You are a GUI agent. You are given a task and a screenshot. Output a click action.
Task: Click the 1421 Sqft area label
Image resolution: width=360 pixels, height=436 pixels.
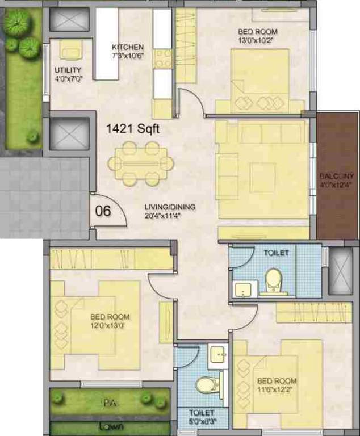coord(133,129)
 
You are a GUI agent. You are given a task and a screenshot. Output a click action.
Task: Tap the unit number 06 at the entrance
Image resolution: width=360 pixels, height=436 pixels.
coord(103,211)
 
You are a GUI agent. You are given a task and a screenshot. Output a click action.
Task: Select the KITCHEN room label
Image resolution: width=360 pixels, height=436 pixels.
coord(128,47)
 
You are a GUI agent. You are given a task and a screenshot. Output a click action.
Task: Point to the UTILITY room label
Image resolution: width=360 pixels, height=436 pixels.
coord(68,70)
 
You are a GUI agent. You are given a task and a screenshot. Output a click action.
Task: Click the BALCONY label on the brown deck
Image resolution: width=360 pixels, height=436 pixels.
coord(336,176)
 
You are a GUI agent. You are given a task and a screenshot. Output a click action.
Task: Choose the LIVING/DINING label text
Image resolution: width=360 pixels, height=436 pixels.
coord(170,207)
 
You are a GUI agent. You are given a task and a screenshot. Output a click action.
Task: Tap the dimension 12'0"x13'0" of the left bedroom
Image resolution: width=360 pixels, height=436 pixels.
coord(110,325)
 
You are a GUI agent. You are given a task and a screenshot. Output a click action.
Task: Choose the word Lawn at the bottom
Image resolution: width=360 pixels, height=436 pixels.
coord(111,426)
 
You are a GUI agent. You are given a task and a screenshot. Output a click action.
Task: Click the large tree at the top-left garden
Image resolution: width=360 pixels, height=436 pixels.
coord(17,23)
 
